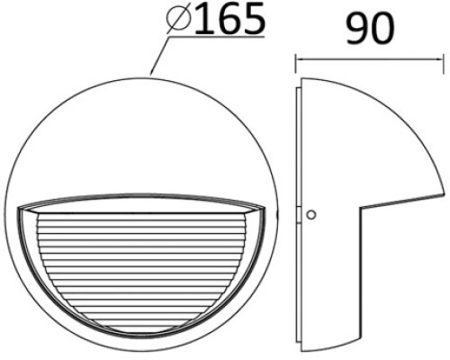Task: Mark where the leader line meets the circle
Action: pyautogui.click(x=151, y=73)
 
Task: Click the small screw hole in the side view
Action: pyautogui.click(x=311, y=214)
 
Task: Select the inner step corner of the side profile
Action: pyautogui.click(x=362, y=210)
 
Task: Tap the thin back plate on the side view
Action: pyautogui.click(x=300, y=216)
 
